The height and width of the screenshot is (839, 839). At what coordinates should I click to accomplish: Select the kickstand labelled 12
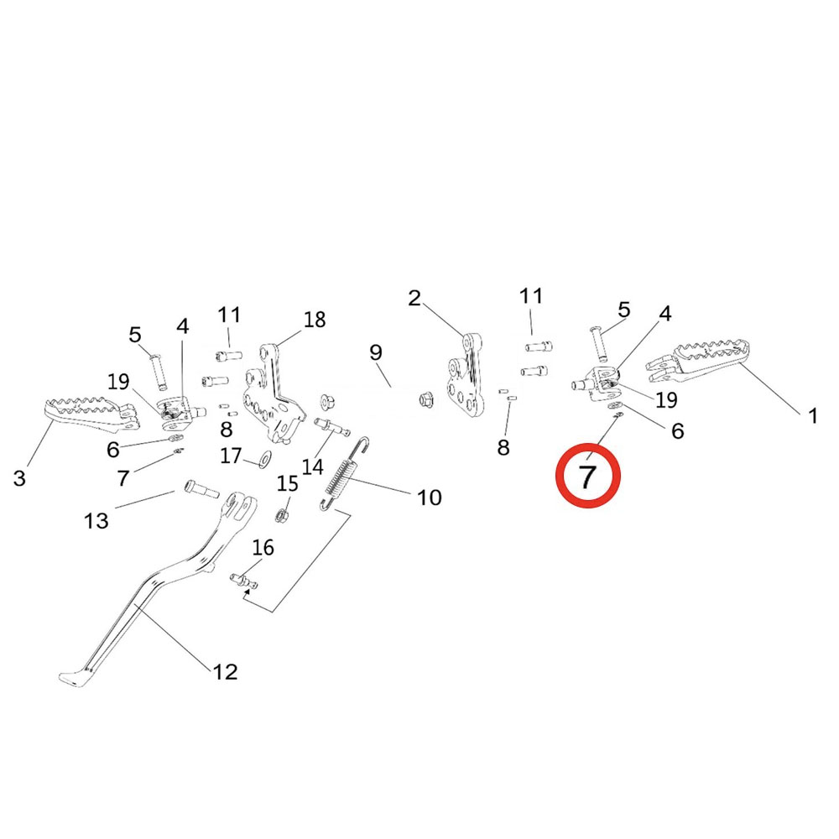click(159, 587)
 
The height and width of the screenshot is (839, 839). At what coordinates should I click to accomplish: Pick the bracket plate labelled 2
click(464, 378)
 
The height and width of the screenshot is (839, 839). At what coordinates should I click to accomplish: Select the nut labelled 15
click(284, 511)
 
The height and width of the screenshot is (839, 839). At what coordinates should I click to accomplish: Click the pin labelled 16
click(244, 578)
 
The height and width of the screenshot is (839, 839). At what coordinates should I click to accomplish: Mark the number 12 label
click(225, 671)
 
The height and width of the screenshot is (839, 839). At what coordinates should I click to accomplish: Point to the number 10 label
click(429, 498)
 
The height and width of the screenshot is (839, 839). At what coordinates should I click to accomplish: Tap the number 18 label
click(315, 320)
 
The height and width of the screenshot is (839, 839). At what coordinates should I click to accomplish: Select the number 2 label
click(414, 298)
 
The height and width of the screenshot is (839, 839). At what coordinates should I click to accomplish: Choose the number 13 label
click(96, 521)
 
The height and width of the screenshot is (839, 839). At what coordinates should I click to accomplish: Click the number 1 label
click(812, 415)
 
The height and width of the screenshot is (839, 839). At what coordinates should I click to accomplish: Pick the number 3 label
click(19, 478)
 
